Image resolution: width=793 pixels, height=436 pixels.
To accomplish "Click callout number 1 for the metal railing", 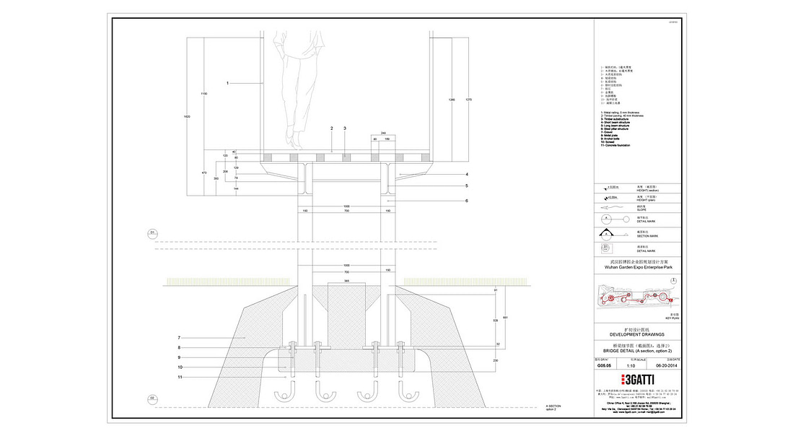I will (x=227, y=84).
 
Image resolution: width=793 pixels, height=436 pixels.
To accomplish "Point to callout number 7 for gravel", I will (x=178, y=337).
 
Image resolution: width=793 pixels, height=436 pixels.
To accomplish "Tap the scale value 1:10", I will (x=639, y=366).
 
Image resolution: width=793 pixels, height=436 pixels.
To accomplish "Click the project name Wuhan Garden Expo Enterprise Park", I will (x=636, y=267).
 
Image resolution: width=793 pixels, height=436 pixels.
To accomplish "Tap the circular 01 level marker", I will (x=153, y=232).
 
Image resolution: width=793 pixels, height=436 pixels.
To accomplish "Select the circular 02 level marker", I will (x=153, y=398).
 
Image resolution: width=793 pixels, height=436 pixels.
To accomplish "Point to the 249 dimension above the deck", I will (x=384, y=133).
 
